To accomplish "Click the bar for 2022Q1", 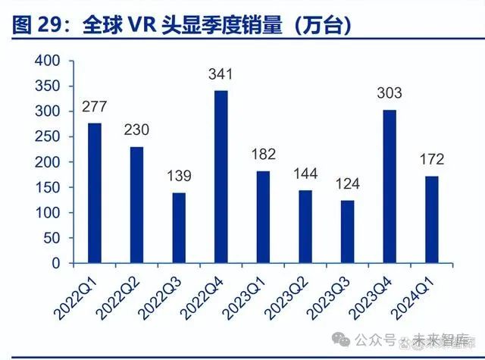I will pyautogui.click(x=95, y=193).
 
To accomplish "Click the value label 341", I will pyautogui.click(x=221, y=74).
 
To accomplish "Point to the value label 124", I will pyautogui.click(x=347, y=185).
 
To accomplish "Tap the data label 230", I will pyautogui.click(x=136, y=130).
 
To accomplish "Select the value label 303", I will pyautogui.click(x=390, y=94).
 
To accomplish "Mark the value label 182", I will pyautogui.click(x=263, y=155).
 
